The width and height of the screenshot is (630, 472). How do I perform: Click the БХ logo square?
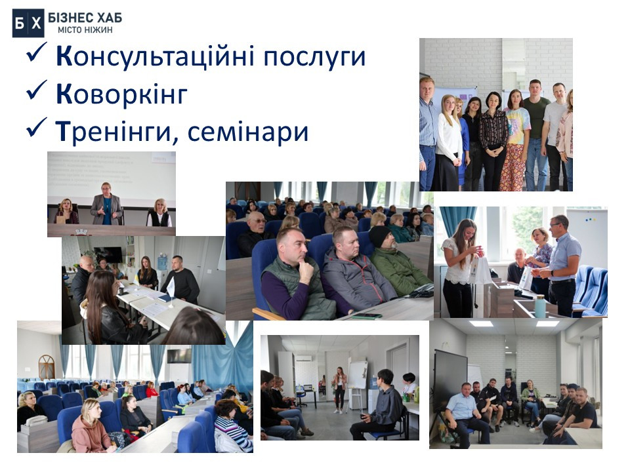coord(28,24)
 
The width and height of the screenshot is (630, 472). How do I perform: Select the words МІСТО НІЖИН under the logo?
coord(85,29)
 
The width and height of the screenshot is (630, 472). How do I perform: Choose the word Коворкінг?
coord(121,94)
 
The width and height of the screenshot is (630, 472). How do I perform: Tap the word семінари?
coord(248,131)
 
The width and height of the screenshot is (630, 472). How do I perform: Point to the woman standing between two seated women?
coord(106,204)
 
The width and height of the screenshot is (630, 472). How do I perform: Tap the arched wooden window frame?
coord(47,366)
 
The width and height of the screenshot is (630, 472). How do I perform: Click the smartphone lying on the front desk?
coord(367,316)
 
